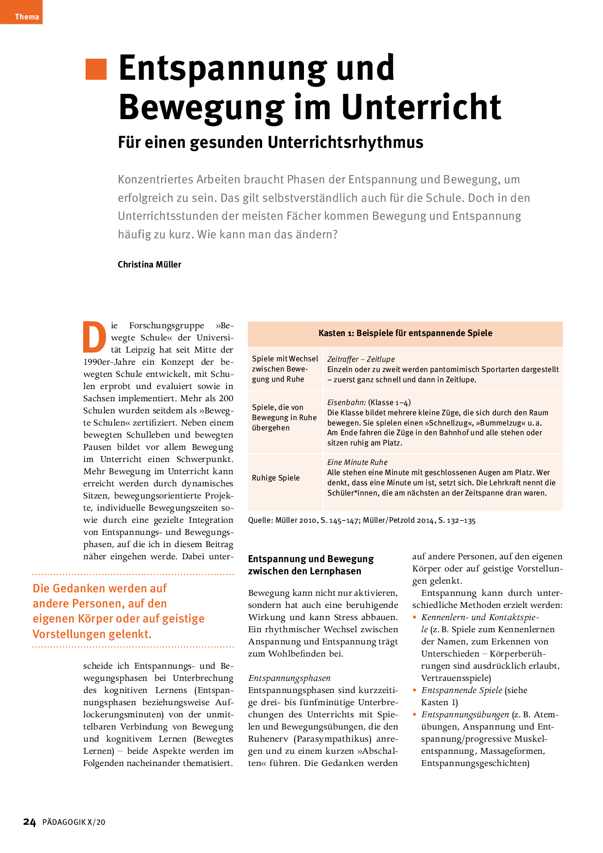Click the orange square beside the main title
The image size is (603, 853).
pyautogui.click(x=96, y=69)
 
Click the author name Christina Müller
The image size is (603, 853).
pyautogui.click(x=149, y=265)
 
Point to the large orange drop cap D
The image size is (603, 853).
pyautogui.click(x=94, y=337)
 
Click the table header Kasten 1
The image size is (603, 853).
pyautogui.click(x=405, y=333)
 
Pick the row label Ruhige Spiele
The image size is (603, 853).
pyautogui.click(x=276, y=478)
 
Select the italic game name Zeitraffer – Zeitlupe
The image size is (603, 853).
pyautogui.click(x=361, y=359)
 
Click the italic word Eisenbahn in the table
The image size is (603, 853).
pyautogui.click(x=346, y=403)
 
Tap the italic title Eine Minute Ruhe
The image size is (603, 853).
pyautogui.click(x=357, y=462)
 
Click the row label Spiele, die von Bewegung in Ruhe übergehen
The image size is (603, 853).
pyautogui.click(x=284, y=418)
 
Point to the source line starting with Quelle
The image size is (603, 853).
pyautogui.click(x=362, y=520)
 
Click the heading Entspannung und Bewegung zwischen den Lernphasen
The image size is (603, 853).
pyautogui.click(x=311, y=565)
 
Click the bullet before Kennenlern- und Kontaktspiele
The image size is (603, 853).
pyautogui.click(x=415, y=617)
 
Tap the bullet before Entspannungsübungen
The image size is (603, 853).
pyautogui.click(x=415, y=714)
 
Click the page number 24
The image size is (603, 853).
pyautogui.click(x=30, y=822)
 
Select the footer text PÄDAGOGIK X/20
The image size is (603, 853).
pyautogui.click(x=74, y=822)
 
